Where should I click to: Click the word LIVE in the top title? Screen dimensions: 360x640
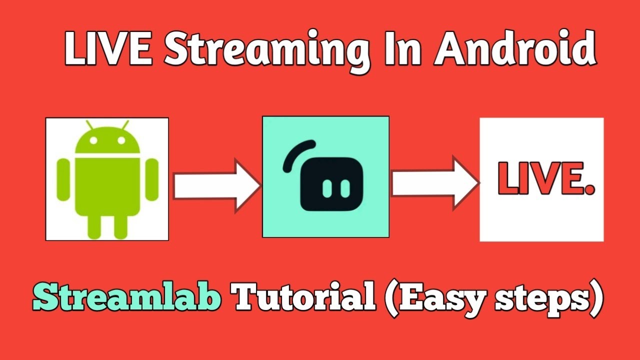[x=107, y=49]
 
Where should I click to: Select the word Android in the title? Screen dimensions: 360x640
[x=515, y=49]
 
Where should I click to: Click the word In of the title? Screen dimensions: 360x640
[x=402, y=49]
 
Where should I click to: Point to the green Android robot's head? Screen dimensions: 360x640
[x=107, y=141]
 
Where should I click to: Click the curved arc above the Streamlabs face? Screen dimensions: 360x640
[x=298, y=152]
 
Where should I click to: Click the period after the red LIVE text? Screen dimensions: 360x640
[x=588, y=189]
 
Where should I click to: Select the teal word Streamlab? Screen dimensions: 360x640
[x=127, y=298]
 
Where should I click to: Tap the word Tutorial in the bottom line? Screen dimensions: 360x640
[x=305, y=298]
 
